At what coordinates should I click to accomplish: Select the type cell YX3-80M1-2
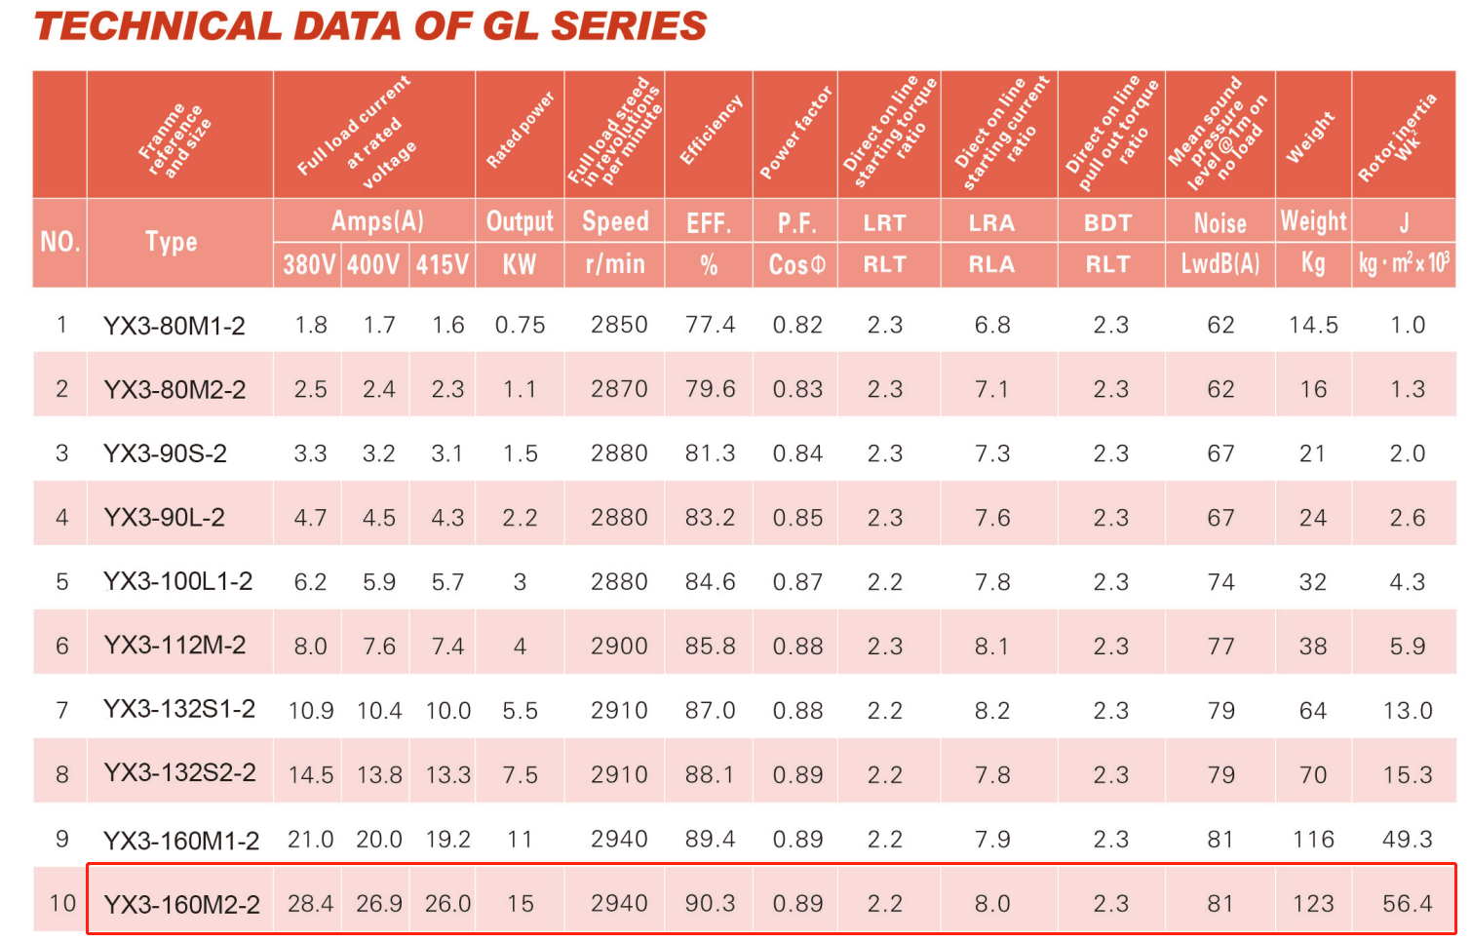point(174,326)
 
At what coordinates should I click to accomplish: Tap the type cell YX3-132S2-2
point(179,773)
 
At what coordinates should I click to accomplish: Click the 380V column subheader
point(309,264)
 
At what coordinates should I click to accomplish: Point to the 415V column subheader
point(443,264)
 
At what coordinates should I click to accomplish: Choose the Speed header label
point(615,221)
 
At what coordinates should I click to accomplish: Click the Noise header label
point(1219,223)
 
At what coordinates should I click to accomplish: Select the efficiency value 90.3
point(710,903)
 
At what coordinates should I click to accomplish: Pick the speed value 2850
point(619,325)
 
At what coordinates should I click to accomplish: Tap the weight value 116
point(1313,840)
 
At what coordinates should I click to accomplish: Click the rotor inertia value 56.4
point(1407,903)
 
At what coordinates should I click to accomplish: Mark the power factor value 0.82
point(797,325)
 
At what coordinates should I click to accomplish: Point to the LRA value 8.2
point(991,711)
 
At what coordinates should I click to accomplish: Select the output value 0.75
point(520,325)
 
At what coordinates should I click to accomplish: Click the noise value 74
point(1220,582)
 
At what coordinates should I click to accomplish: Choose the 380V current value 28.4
point(310,903)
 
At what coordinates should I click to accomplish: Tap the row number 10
point(62,903)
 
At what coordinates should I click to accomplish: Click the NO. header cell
point(59,242)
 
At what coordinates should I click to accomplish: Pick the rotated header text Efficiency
point(711,131)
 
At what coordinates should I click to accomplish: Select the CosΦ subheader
point(796,264)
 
